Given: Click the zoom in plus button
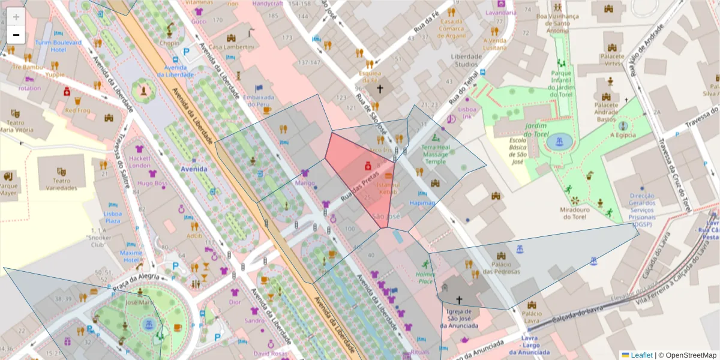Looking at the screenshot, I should (16, 17).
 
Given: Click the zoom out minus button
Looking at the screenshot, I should (16, 35).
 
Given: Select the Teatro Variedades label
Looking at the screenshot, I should (62, 184).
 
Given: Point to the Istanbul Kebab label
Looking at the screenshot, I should (388, 188).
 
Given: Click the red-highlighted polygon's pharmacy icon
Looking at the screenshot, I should (368, 165).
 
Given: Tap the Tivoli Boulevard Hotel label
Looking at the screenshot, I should (58, 46).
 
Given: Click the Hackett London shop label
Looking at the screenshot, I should (140, 161).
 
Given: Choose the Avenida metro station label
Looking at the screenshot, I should (194, 169).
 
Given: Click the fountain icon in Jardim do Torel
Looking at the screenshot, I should (560, 142).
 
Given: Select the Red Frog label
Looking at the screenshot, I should (77, 110).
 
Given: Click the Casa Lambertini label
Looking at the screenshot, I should (231, 47).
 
